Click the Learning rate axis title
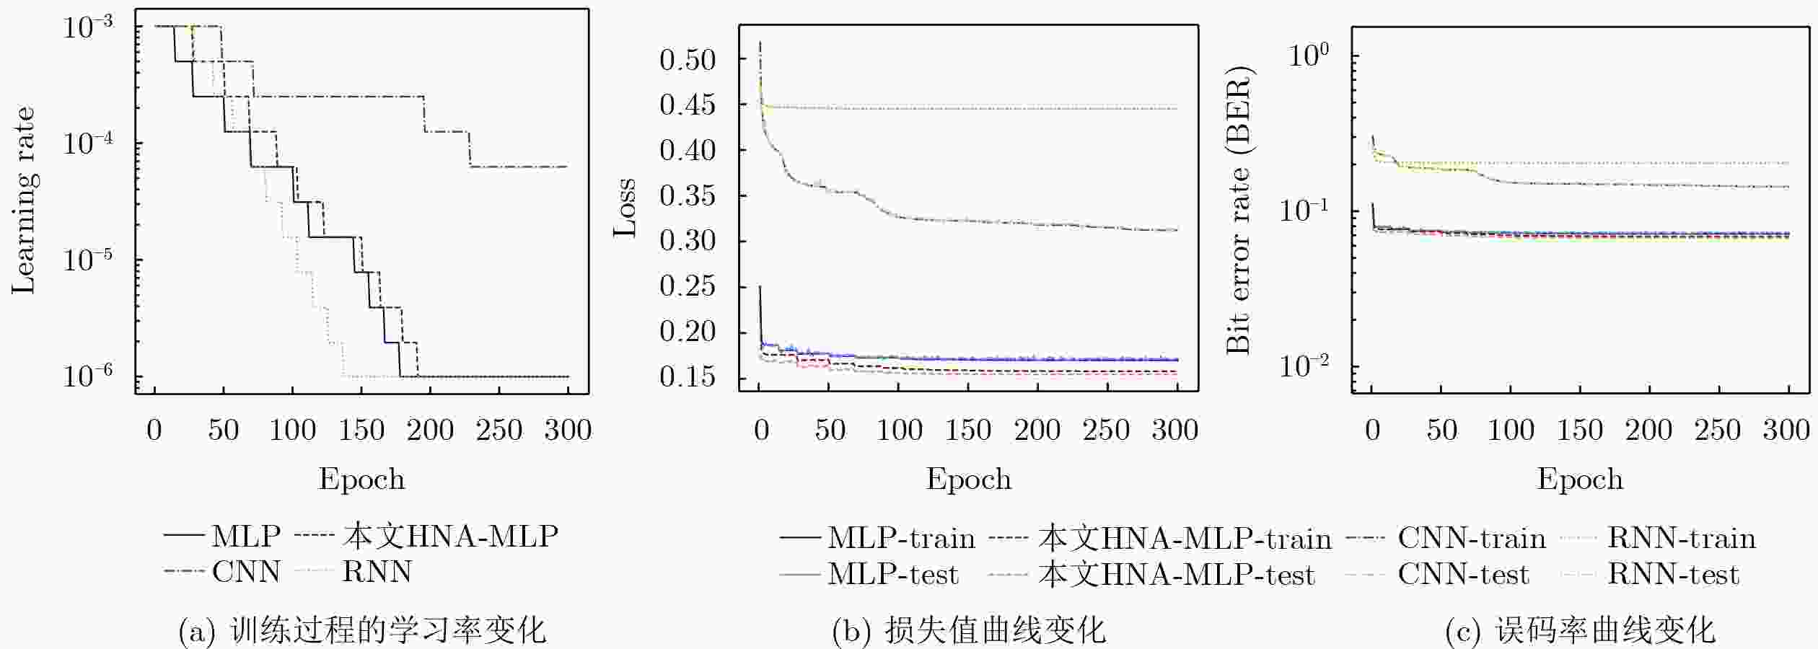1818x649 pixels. click(23, 200)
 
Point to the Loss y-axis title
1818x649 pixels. click(625, 208)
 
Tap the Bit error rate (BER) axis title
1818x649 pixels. click(1239, 210)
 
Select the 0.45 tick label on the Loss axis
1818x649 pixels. click(688, 105)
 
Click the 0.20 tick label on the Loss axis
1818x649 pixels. click(688, 332)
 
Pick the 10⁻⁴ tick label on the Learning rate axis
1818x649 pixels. click(88, 142)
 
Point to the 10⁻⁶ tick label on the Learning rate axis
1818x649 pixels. click(88, 375)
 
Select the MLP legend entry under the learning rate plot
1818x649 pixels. click(222, 536)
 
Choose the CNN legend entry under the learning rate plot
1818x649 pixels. click(222, 572)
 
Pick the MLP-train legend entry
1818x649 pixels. click(877, 538)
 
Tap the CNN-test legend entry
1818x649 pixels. click(1438, 574)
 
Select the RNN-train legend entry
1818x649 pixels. click(1659, 538)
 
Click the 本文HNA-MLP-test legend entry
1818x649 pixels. click(1153, 574)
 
